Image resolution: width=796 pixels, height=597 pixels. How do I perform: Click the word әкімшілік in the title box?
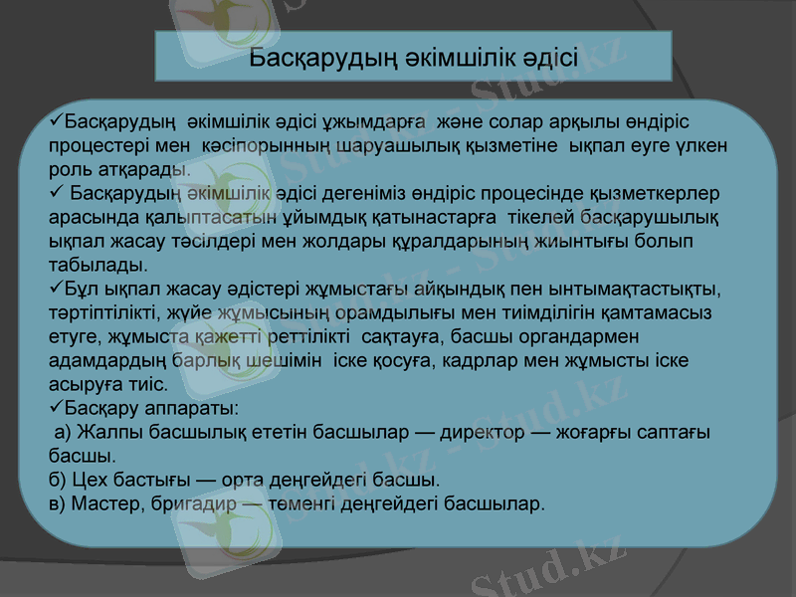click(454, 56)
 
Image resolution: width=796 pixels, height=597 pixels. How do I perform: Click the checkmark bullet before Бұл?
click(56, 289)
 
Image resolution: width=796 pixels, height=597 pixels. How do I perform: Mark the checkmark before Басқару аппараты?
click(56, 408)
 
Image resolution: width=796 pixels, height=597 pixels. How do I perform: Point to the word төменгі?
click(301, 504)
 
